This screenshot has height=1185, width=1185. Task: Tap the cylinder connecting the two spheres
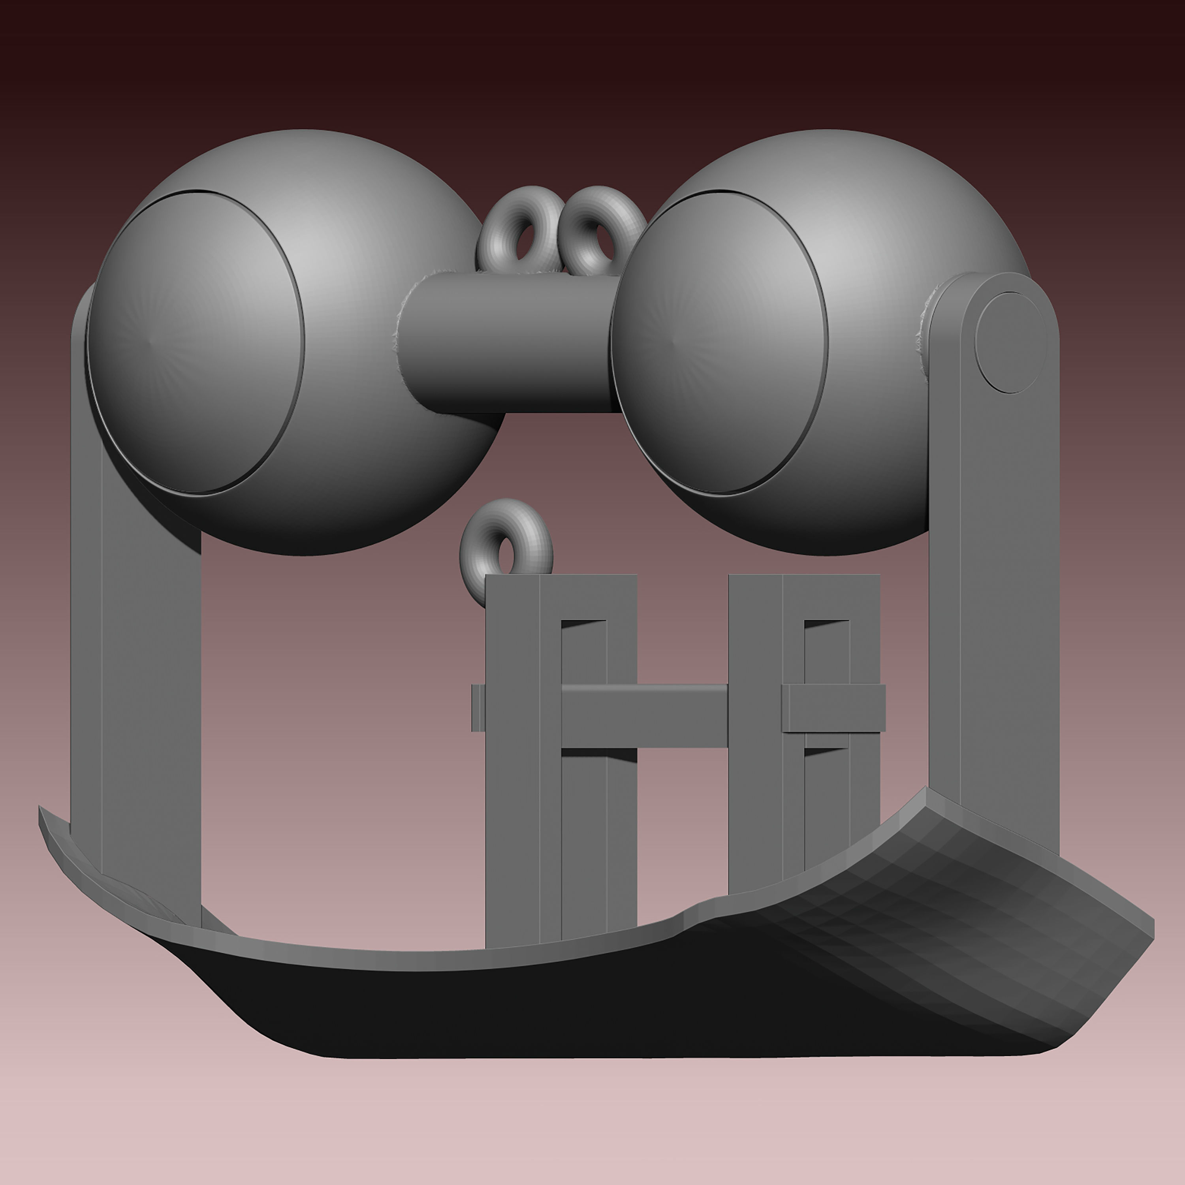pyautogui.click(x=509, y=344)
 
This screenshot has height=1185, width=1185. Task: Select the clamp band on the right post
pyautogui.click(x=834, y=708)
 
